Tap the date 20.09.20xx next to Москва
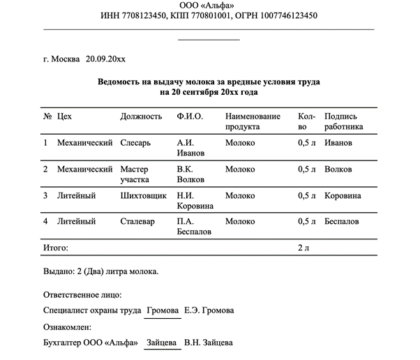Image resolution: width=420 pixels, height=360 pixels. (x=105, y=60)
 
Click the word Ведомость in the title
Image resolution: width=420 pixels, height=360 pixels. (x=121, y=82)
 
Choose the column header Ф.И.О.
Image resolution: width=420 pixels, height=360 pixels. (x=190, y=116)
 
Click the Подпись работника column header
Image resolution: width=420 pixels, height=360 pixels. (x=344, y=121)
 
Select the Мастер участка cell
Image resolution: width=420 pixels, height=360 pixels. (x=135, y=174)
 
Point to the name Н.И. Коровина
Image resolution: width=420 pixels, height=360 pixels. (x=195, y=200)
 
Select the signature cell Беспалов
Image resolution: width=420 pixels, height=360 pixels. (x=342, y=221)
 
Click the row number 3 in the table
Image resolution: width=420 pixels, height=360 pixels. (x=45, y=195)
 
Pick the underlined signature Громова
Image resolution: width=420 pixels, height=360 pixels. (x=163, y=310)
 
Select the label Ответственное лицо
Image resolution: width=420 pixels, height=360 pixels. (x=82, y=294)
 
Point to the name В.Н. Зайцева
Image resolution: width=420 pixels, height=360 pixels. (x=209, y=343)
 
